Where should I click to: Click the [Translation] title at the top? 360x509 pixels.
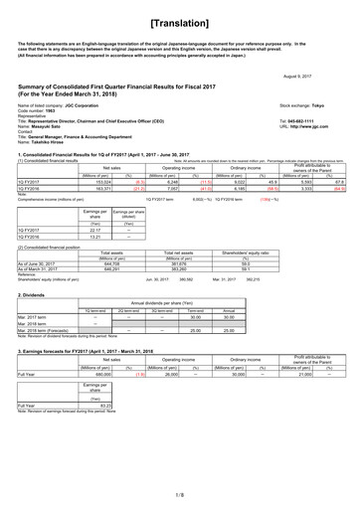click(x=179, y=20)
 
